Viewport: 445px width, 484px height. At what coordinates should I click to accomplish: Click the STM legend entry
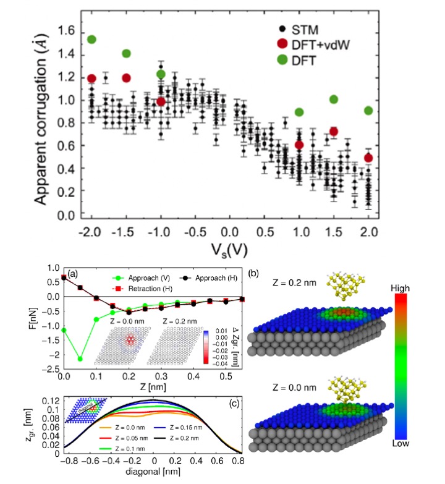(307, 28)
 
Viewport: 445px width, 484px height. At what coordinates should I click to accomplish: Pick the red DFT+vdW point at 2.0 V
(368, 158)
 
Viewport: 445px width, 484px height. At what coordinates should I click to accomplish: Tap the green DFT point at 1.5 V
(334, 100)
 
